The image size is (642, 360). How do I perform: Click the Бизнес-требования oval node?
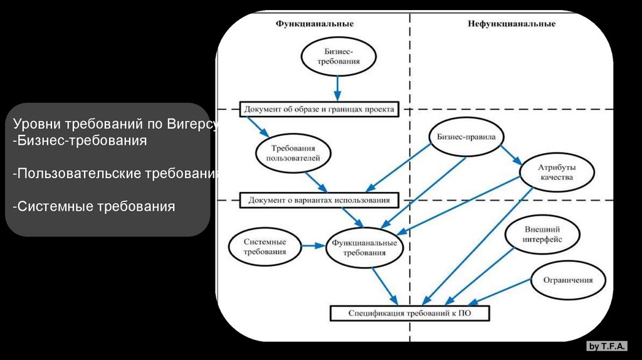coord(339,57)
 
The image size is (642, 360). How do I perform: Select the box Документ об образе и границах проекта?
coord(319,110)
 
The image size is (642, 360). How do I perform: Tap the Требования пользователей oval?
coord(293,153)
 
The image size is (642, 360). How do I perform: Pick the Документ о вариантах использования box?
coord(319,200)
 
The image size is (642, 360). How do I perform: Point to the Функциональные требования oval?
coord(364,247)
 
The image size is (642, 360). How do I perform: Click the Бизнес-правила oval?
coord(466,136)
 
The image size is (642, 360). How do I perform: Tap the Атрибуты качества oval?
coord(557,172)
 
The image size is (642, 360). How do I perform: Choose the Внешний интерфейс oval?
coord(542,235)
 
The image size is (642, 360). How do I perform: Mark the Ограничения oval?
coord(570,280)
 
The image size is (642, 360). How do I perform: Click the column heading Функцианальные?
coord(315,24)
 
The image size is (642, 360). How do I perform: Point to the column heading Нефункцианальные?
coord(511,24)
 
